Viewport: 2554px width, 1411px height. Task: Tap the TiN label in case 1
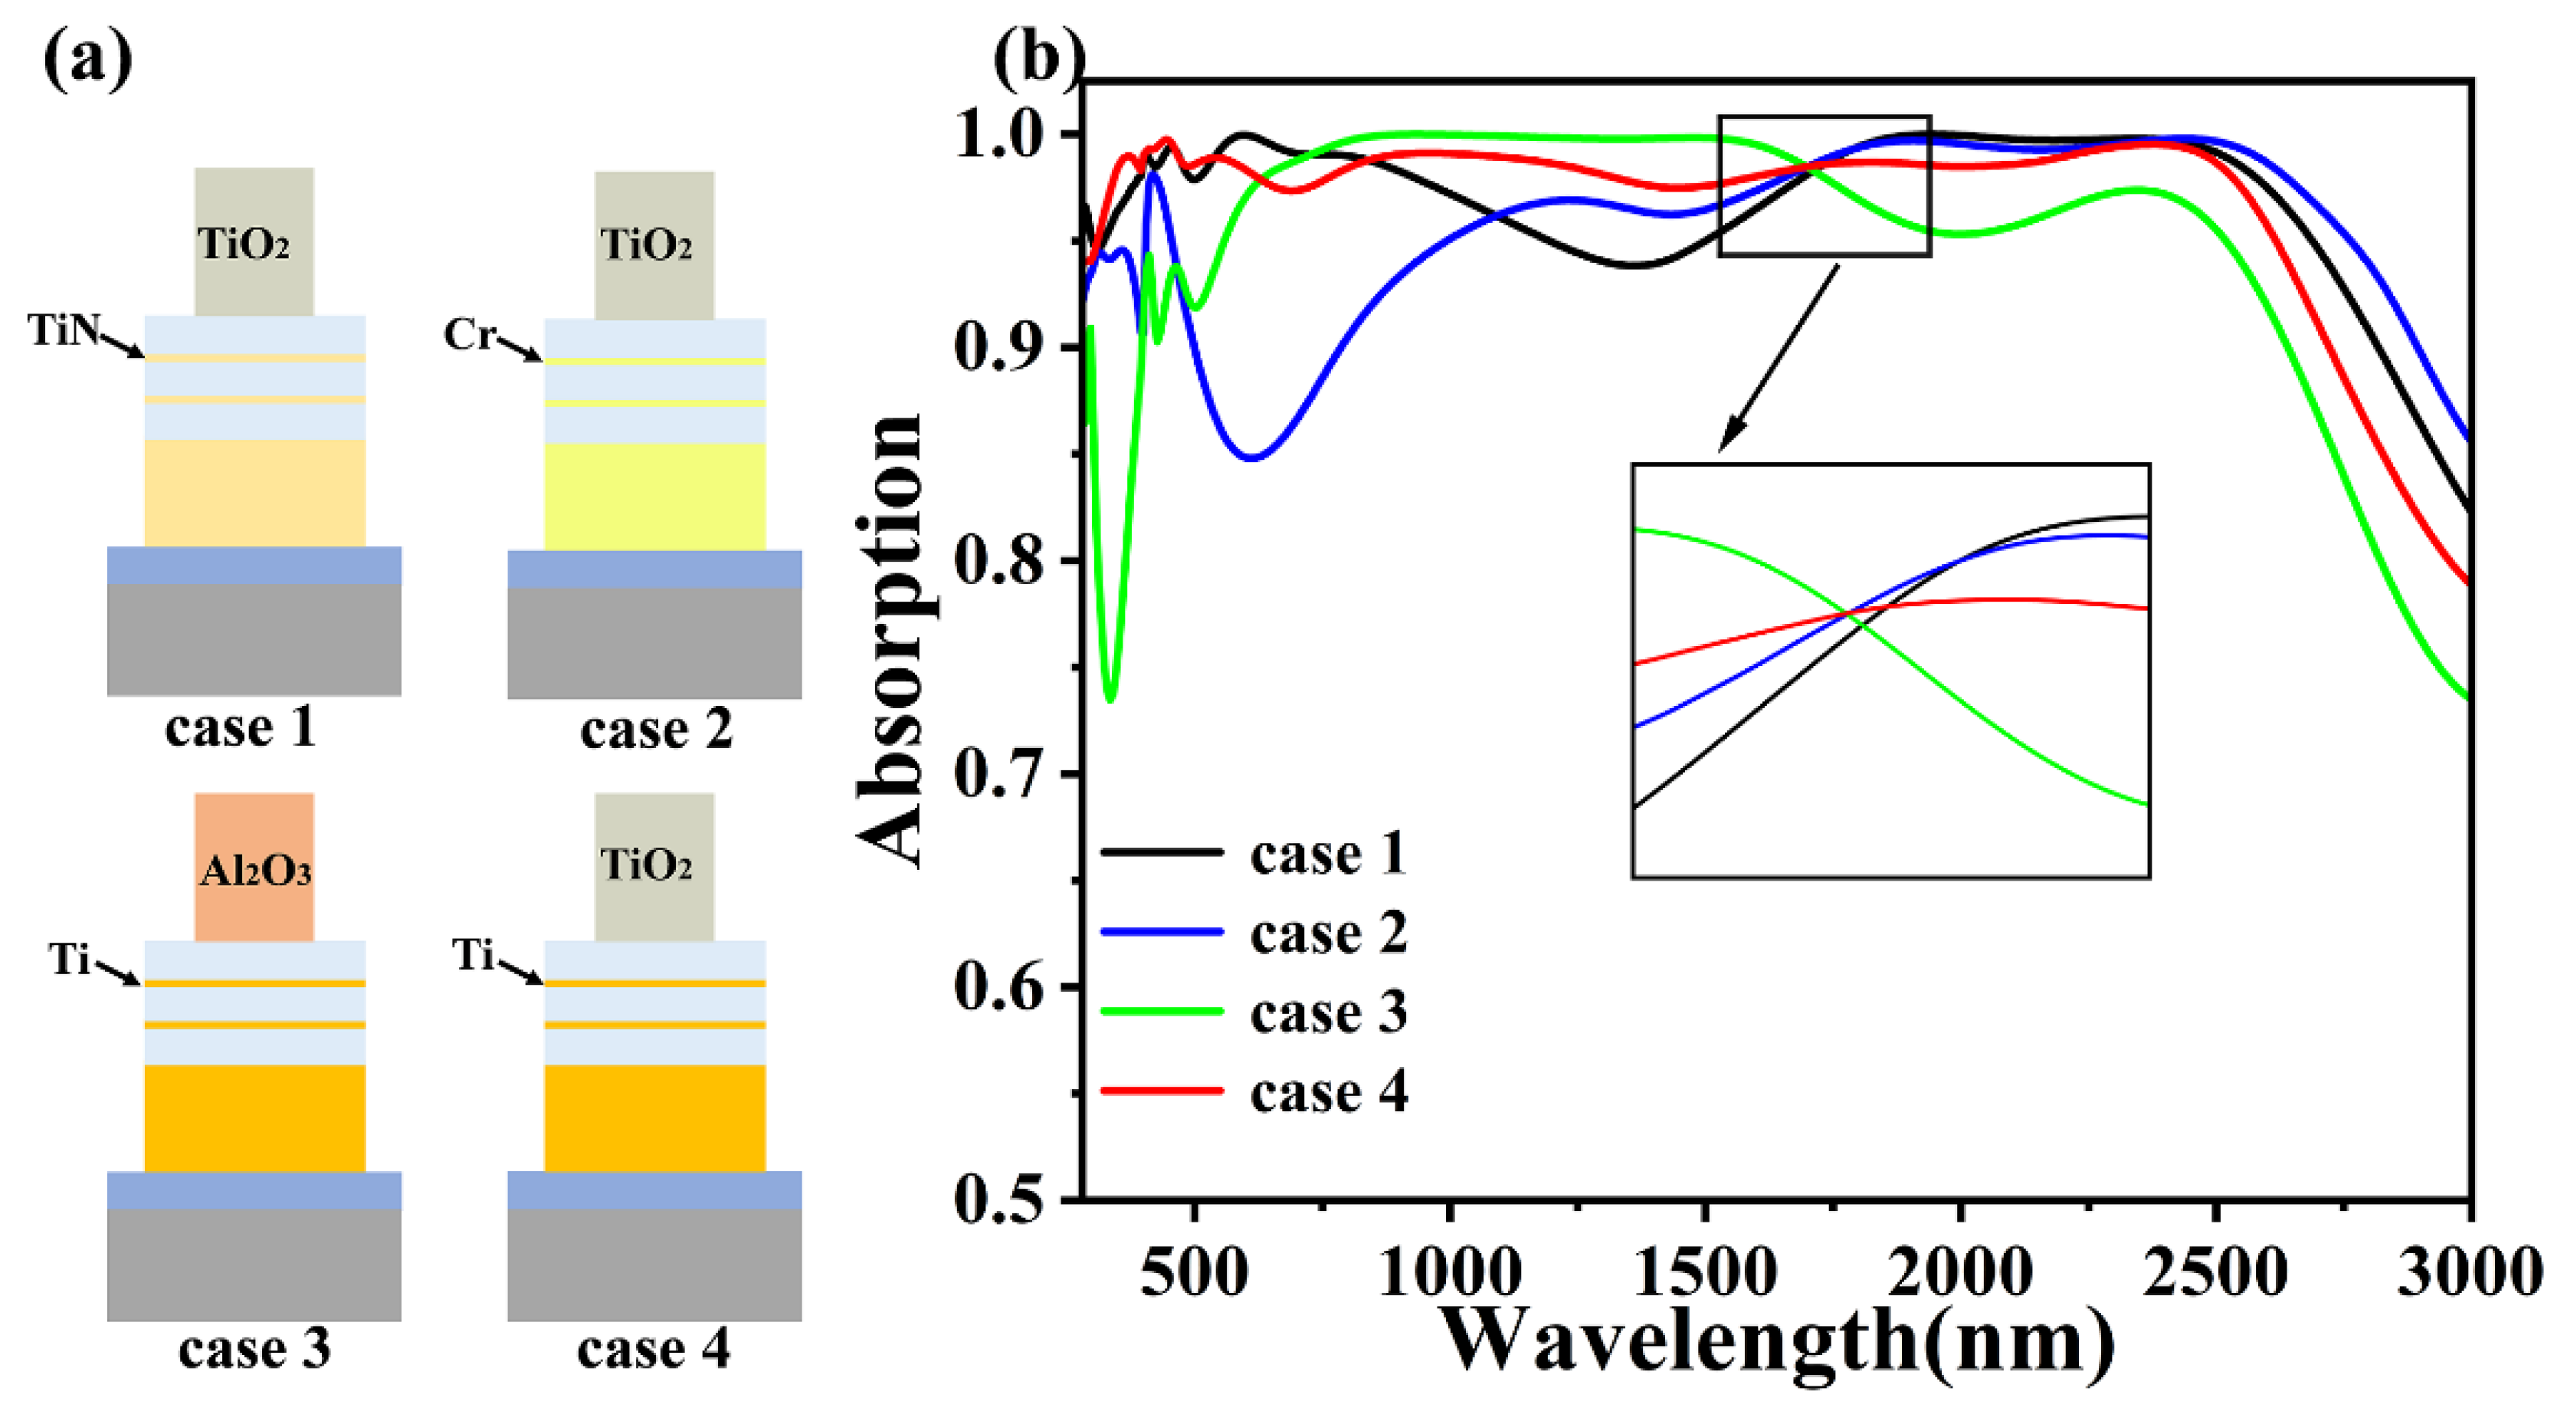64,330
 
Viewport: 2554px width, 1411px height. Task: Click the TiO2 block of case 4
654,865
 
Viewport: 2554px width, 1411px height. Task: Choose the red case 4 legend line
1162,1091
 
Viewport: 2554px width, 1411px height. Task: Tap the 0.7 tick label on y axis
998,774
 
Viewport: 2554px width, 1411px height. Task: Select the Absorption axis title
890,639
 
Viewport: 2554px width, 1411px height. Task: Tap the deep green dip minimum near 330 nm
1110,699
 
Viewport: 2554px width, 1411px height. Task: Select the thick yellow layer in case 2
654,496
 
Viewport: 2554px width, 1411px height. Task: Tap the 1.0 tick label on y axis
998,136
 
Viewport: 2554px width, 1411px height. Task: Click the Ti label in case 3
70,959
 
